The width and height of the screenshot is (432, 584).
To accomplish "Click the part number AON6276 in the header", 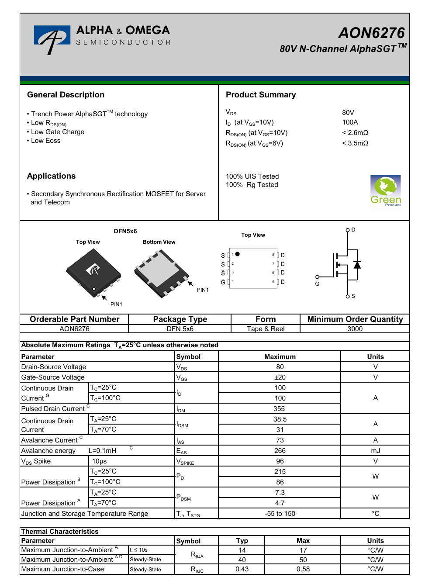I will click(x=371, y=33).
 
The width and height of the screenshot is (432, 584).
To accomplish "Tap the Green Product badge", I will click(x=385, y=192).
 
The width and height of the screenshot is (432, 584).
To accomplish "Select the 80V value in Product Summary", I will click(x=348, y=113).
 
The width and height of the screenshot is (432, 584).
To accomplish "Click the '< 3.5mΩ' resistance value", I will click(x=355, y=143).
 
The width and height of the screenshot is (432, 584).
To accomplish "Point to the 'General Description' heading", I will click(x=66, y=95).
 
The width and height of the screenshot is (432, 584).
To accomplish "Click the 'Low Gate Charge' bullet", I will click(x=58, y=132).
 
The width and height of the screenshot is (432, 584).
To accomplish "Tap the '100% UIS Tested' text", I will click(x=252, y=176).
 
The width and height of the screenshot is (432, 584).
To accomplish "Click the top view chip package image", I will click(x=93, y=272).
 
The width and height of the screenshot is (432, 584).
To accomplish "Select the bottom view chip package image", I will click(x=162, y=273).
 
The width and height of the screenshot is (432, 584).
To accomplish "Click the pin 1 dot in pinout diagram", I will click(x=237, y=254).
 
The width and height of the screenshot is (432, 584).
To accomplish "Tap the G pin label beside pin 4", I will click(x=223, y=282).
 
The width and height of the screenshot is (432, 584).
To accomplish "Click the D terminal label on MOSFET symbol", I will click(x=353, y=230).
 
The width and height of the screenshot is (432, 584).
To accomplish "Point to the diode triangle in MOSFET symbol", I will click(x=357, y=265).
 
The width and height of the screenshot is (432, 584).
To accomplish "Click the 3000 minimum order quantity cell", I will click(x=355, y=329).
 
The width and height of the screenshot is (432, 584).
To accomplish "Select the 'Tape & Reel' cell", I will click(x=266, y=329).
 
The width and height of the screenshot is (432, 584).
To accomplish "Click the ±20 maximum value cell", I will click(x=280, y=377).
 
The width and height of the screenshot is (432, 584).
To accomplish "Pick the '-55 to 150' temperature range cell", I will click(x=280, y=514).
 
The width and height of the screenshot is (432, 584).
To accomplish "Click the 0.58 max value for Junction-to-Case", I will click(x=303, y=569).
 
